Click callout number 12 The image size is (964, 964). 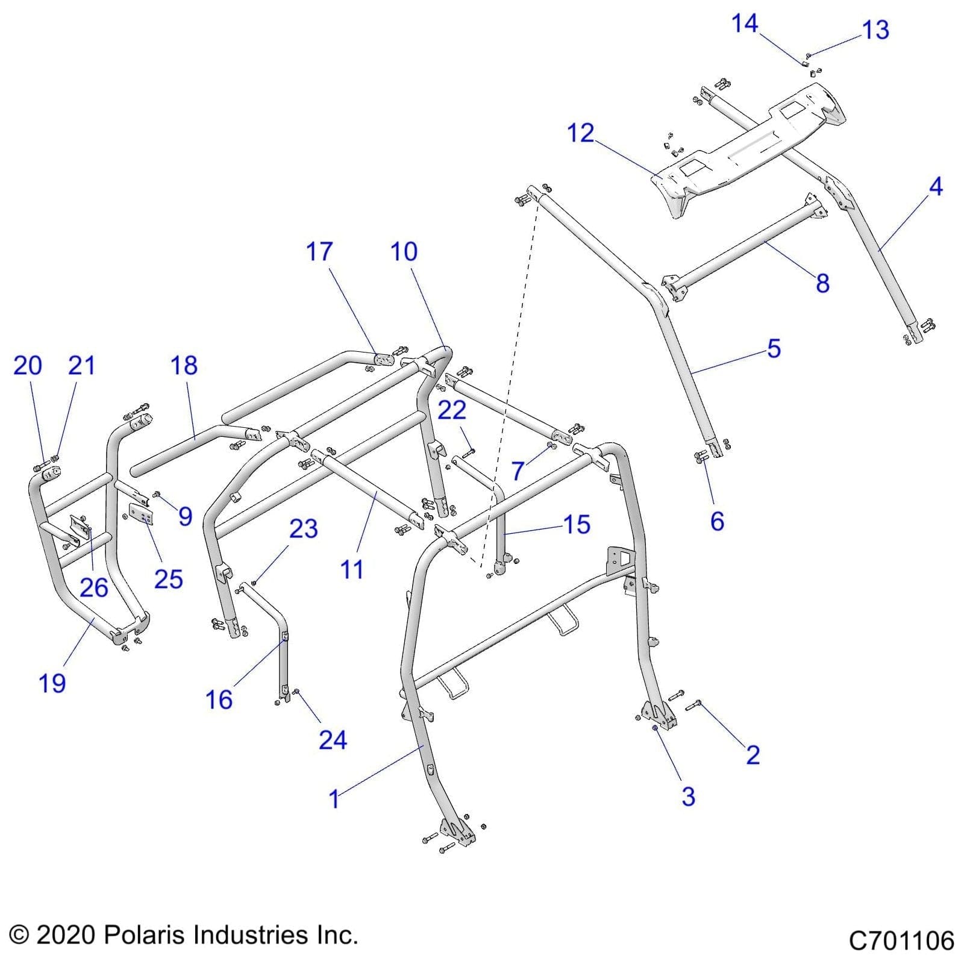tap(580, 133)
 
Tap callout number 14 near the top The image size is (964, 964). tap(744, 23)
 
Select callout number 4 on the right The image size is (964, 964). tap(935, 187)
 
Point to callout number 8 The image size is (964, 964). tap(822, 283)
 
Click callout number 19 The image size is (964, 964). tap(52, 683)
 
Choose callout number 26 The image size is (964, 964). tap(94, 587)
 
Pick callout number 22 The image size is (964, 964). tap(451, 410)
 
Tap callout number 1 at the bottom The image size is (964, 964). tap(334, 799)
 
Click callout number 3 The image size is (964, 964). tap(688, 796)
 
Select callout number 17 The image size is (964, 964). tap(319, 251)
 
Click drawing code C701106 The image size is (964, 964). tap(901, 941)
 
